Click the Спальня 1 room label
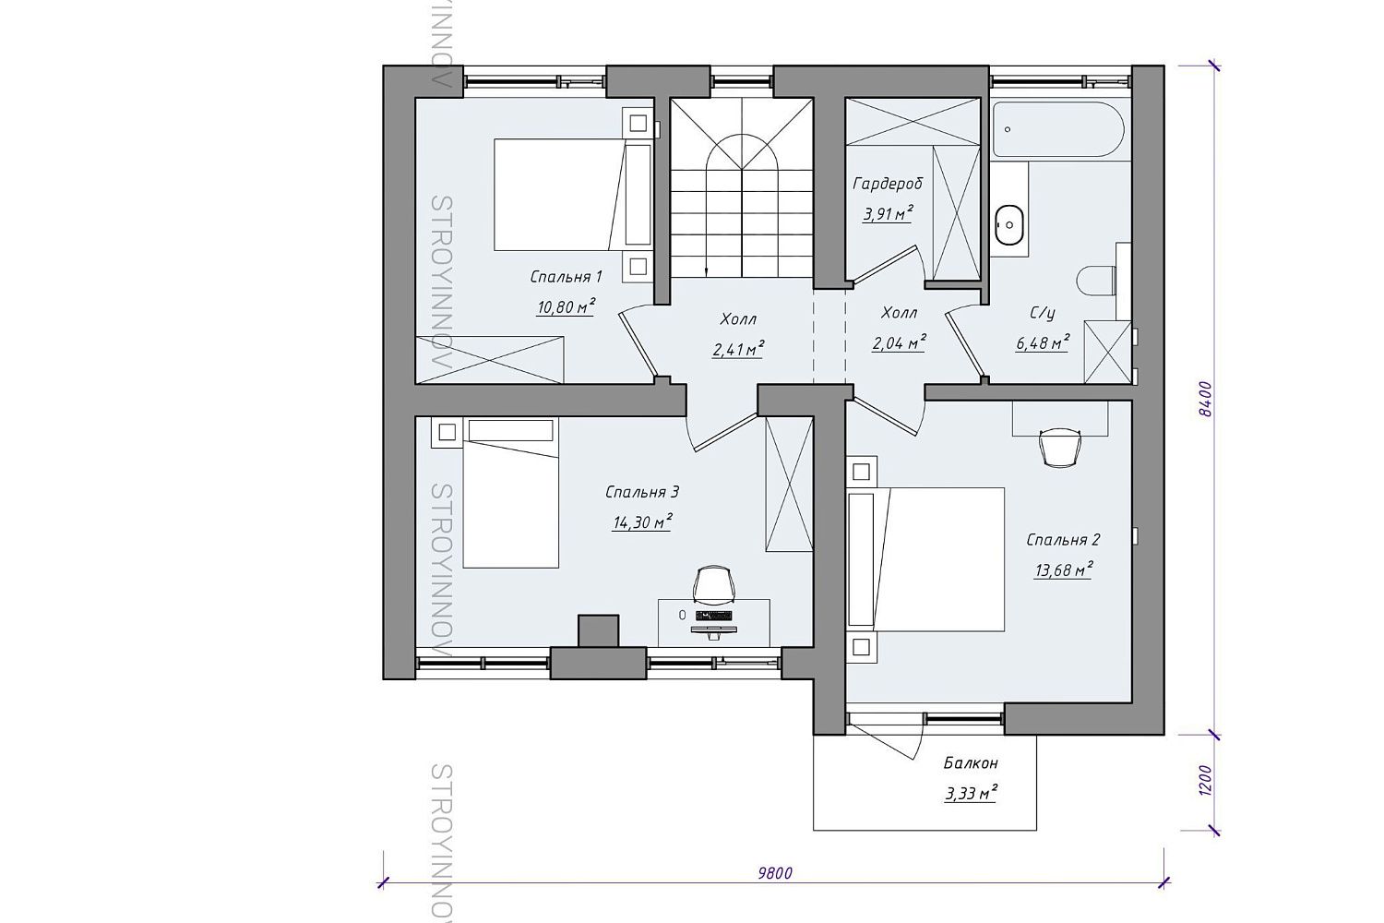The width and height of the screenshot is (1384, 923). click(566, 277)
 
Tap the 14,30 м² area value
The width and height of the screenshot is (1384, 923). click(642, 522)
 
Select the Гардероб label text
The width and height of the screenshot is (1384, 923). click(888, 184)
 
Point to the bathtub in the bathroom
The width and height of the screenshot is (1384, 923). click(1058, 129)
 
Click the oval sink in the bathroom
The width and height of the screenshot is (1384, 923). click(1009, 225)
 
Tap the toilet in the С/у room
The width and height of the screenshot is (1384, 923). click(1096, 282)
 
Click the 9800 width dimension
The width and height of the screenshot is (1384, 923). click(775, 873)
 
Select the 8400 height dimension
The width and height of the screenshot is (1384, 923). click(1205, 400)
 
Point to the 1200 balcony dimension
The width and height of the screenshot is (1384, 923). click(1205, 781)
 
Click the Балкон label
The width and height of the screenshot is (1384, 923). click(970, 763)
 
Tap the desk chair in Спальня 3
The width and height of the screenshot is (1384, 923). click(714, 583)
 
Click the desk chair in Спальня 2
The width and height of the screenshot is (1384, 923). click(1061, 446)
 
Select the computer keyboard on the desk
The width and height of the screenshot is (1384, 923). click(714, 615)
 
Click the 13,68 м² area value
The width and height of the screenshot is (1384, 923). click(1063, 569)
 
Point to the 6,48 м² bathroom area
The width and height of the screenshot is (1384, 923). click(1043, 342)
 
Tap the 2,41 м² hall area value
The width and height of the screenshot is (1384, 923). click(738, 349)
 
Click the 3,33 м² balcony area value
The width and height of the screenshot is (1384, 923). click(971, 793)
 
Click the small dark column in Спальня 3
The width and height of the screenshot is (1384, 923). click(598, 630)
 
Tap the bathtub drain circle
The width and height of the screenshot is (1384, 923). click(1008, 129)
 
